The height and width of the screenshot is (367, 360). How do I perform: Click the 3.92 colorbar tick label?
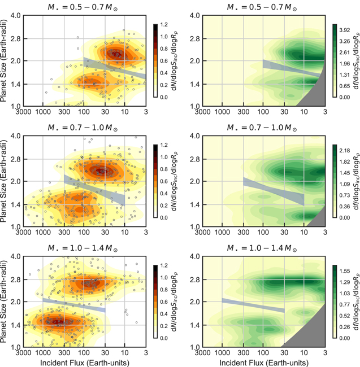coord(345,30)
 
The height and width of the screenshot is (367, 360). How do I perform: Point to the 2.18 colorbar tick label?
coord(345,151)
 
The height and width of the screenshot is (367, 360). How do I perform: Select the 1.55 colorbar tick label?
coord(345,271)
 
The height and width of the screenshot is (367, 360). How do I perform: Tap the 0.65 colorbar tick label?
coord(345,86)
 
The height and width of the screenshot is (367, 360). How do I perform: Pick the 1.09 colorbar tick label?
coord(345,184)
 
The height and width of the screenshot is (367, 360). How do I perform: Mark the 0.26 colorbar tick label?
coord(345,327)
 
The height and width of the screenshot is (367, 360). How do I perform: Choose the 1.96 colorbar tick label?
coord(345,64)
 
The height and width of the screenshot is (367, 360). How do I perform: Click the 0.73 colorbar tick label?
coord(345,195)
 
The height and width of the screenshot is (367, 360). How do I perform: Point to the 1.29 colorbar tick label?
coord(345,282)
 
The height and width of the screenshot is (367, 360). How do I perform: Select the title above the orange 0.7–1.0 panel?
coord(83,128)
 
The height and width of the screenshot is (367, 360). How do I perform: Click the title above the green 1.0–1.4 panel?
coord(262,248)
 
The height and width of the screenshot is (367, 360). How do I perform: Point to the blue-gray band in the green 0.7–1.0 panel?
coord(274,191)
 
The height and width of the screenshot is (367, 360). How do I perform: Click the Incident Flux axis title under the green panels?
coord(264,362)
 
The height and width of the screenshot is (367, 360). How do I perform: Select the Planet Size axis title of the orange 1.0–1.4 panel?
coord(3,302)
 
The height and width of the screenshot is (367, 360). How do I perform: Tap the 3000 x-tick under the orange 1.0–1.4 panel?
coord(23,352)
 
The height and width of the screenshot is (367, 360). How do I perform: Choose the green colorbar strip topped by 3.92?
coord(335,60)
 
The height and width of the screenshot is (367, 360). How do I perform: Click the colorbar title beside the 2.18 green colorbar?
coord(356,181)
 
